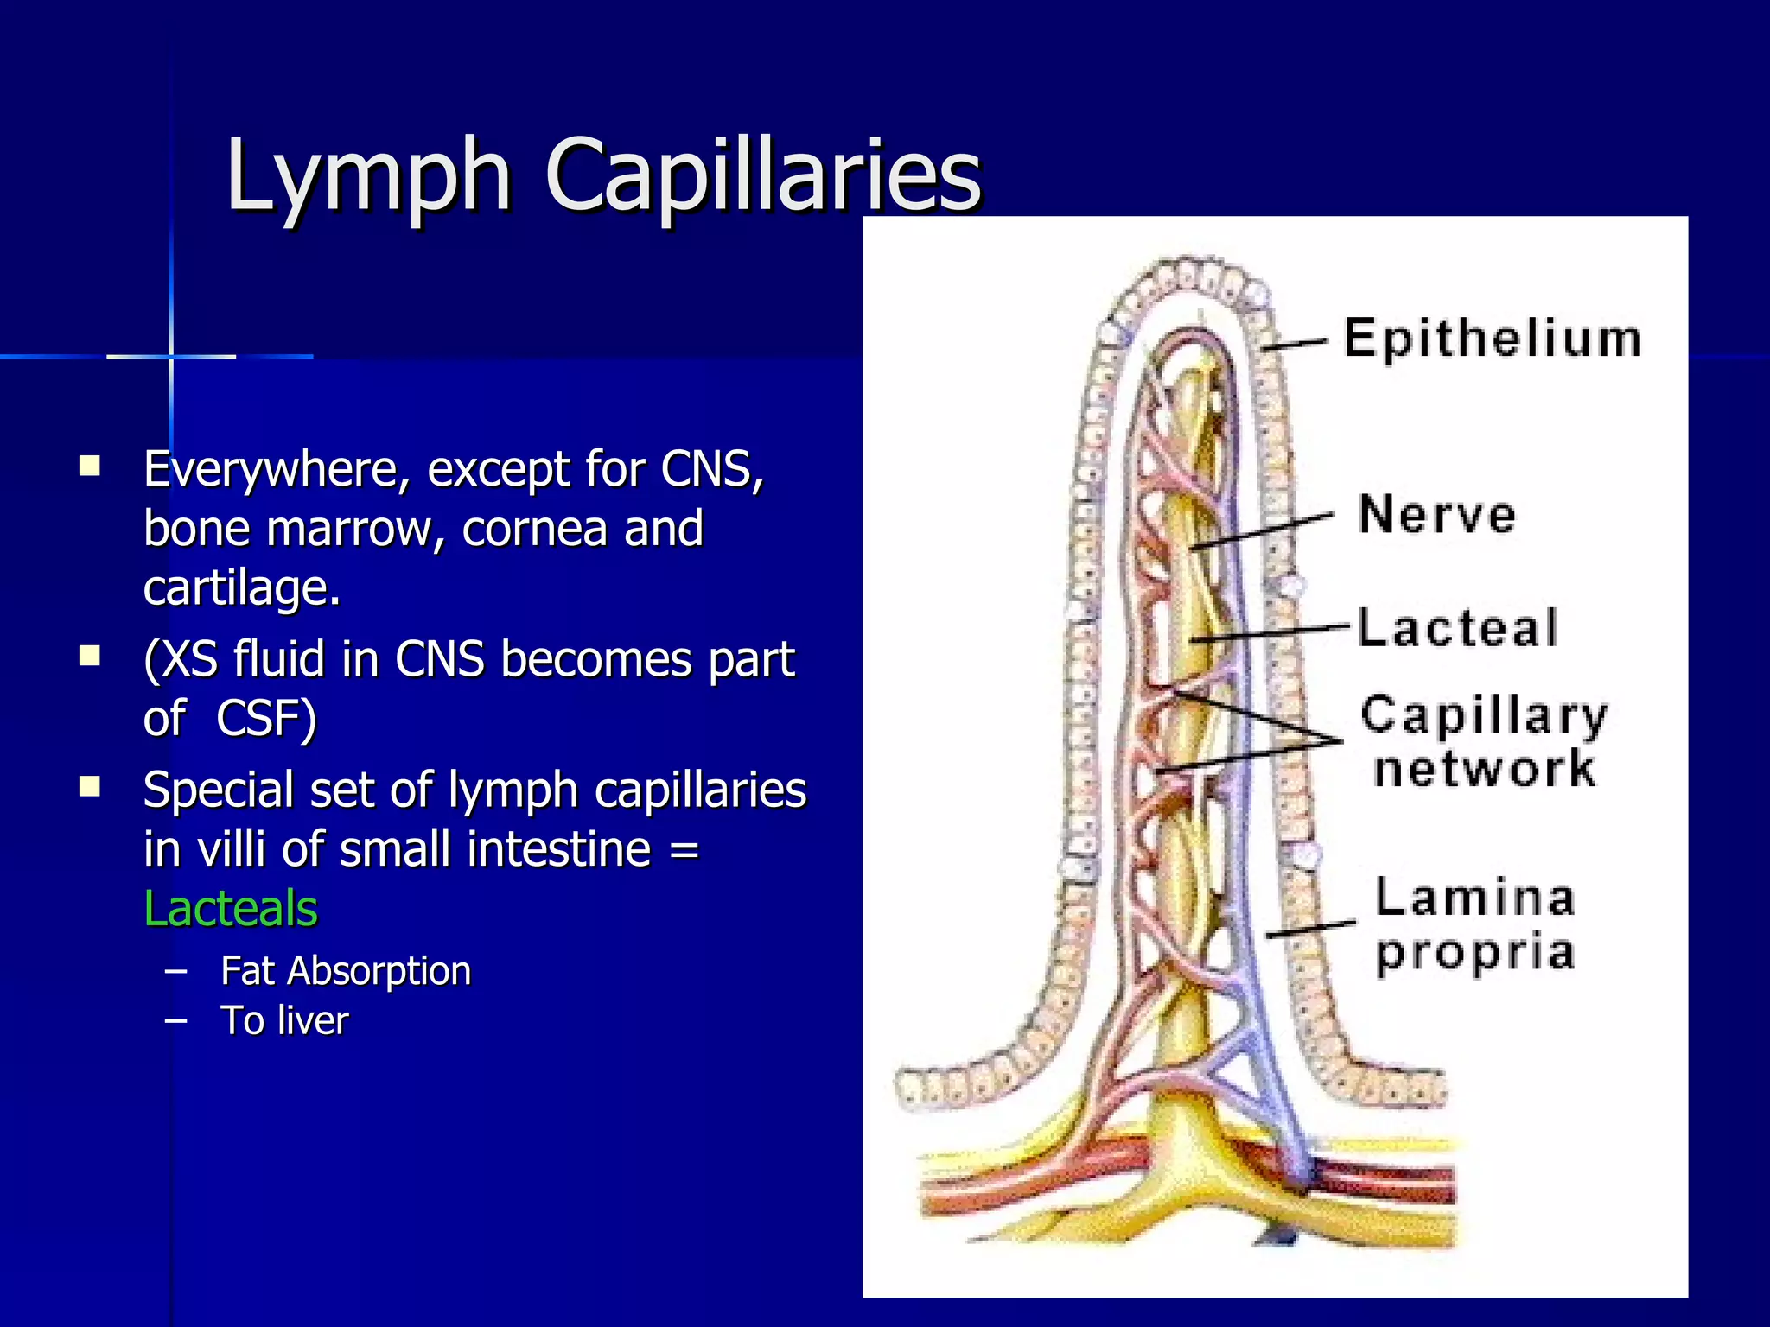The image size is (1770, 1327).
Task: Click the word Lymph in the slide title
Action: coord(367,177)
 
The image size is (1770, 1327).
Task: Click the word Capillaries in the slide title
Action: coord(764,177)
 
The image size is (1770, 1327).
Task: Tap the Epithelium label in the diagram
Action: coord(1493,339)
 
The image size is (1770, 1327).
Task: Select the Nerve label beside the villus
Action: coord(1437,515)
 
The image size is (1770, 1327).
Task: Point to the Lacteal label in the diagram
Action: coord(1458,628)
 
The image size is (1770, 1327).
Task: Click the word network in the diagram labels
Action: coord(1485,769)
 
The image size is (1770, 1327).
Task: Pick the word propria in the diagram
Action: coord(1475,953)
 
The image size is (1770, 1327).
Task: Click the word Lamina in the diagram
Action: coord(1475,898)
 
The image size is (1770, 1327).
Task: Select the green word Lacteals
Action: coord(231,909)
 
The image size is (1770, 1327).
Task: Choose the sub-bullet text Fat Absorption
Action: coord(346,971)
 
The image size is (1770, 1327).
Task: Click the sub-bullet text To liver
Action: coord(284,1020)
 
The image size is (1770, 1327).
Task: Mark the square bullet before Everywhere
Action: coord(89,467)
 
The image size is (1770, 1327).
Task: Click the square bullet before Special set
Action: coord(89,787)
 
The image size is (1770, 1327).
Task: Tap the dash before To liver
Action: coord(175,1020)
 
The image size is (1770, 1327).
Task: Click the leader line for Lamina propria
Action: coord(1310,930)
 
